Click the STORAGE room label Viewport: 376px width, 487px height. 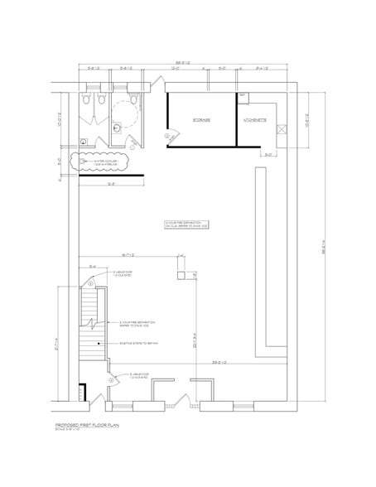(201, 119)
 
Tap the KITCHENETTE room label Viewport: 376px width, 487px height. (253, 119)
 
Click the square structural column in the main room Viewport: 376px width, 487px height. (179, 274)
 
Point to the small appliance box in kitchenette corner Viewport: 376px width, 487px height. (242, 97)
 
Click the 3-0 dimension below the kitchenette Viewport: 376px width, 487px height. (269, 155)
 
